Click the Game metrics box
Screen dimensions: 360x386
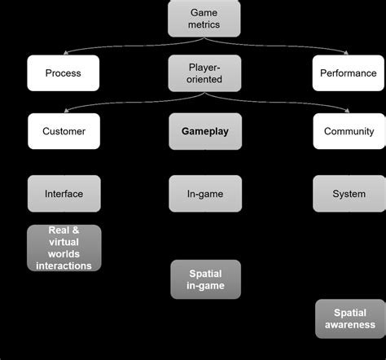tap(204, 18)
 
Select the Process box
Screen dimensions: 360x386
tap(64, 73)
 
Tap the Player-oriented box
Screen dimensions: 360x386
tap(204, 73)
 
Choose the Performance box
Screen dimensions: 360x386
tap(349, 73)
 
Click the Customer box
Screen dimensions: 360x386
tap(64, 131)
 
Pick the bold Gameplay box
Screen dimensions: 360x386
tap(204, 131)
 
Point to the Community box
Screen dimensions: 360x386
tap(349, 131)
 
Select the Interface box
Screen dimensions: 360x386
tap(64, 194)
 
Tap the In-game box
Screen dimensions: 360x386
tap(204, 194)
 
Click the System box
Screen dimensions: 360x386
tap(349, 194)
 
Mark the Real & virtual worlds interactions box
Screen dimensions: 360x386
tap(64, 248)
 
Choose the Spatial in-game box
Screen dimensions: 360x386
tap(204, 279)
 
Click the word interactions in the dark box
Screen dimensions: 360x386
tap(64, 266)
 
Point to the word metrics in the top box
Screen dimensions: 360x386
tap(204, 25)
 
